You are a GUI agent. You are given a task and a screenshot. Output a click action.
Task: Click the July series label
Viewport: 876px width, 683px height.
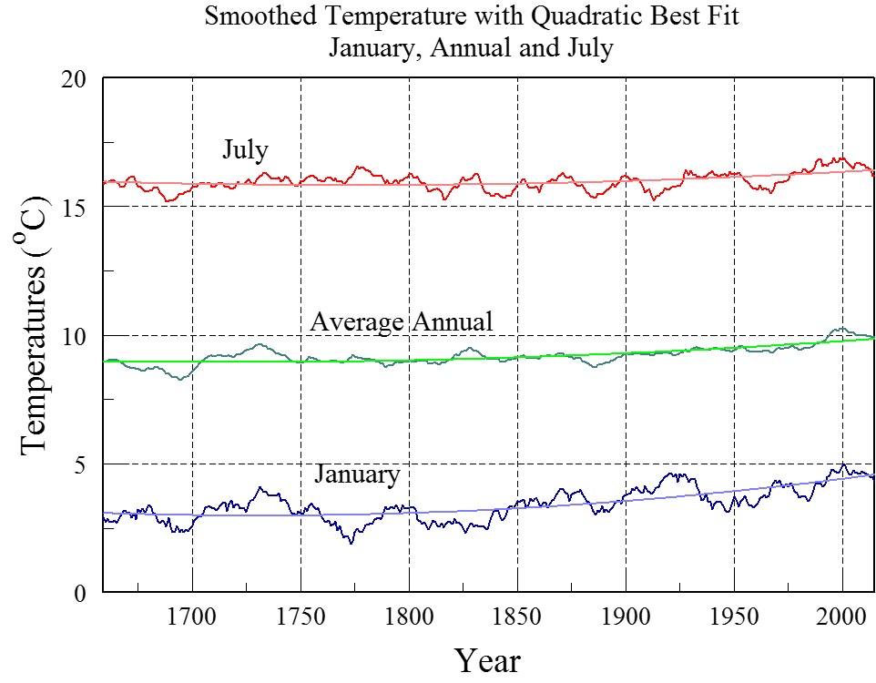point(245,149)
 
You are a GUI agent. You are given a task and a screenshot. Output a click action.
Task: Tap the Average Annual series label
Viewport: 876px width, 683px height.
point(401,321)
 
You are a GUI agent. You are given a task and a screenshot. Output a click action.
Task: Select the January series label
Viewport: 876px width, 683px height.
point(357,474)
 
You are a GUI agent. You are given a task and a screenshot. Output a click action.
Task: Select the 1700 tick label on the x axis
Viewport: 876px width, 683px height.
point(192,616)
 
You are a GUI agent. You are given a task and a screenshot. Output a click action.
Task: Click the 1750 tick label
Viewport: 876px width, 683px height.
point(300,616)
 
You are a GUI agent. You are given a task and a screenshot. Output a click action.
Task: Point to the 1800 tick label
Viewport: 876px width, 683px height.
point(409,616)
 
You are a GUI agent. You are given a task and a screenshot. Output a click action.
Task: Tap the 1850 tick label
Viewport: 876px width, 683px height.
point(517,616)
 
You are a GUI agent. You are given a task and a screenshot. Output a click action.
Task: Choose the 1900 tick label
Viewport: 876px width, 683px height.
point(626,616)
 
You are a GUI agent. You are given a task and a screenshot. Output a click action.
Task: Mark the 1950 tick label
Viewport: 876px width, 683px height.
point(734,616)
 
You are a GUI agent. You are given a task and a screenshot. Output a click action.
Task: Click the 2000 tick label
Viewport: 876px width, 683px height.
point(842,616)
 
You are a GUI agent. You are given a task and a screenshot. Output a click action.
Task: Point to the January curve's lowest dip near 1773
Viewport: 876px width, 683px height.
point(351,543)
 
